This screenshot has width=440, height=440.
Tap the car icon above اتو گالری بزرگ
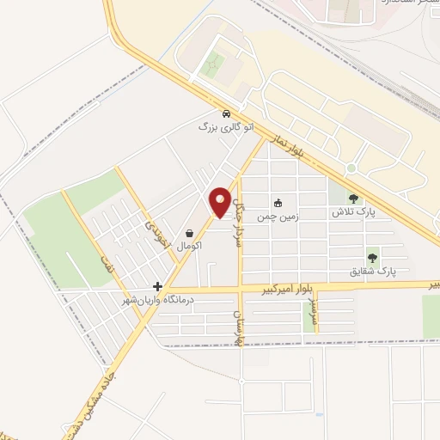click(x=225, y=113)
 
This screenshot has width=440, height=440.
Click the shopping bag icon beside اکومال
click(x=189, y=233)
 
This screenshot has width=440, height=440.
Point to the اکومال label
click(x=189, y=246)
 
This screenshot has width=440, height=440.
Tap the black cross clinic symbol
click(x=157, y=285)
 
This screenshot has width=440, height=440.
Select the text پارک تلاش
click(x=352, y=211)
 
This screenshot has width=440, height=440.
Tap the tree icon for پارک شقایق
click(x=373, y=257)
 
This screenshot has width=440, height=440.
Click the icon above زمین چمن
click(x=278, y=204)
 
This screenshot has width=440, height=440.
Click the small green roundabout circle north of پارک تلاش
click(x=351, y=168)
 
